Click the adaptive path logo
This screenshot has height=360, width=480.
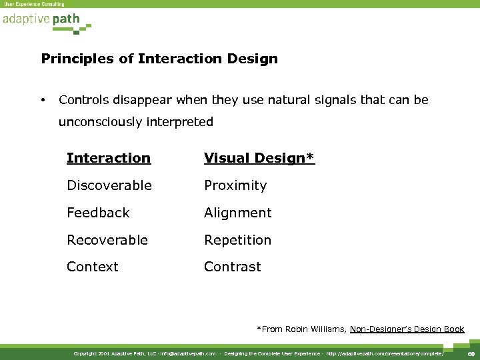(x=41, y=19)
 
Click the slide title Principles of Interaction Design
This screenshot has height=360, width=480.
(x=159, y=59)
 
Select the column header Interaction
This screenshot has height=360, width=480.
(x=109, y=158)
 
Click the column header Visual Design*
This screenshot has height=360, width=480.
(x=259, y=158)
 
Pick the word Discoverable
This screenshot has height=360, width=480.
(x=109, y=185)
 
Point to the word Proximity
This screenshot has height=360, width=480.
(x=235, y=185)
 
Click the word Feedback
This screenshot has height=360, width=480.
(x=98, y=213)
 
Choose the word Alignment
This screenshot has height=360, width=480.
(x=238, y=213)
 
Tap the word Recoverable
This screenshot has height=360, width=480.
(x=107, y=240)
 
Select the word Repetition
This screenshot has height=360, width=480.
(x=238, y=240)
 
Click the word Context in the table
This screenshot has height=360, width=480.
(x=93, y=267)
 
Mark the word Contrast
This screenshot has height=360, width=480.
(x=233, y=267)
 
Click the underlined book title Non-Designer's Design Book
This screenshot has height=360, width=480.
(x=407, y=329)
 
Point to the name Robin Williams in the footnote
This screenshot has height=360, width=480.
(x=313, y=329)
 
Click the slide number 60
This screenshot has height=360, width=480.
(x=470, y=353)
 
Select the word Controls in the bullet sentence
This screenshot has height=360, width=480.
(x=82, y=100)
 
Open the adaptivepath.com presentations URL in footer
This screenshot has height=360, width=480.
(x=385, y=353)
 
